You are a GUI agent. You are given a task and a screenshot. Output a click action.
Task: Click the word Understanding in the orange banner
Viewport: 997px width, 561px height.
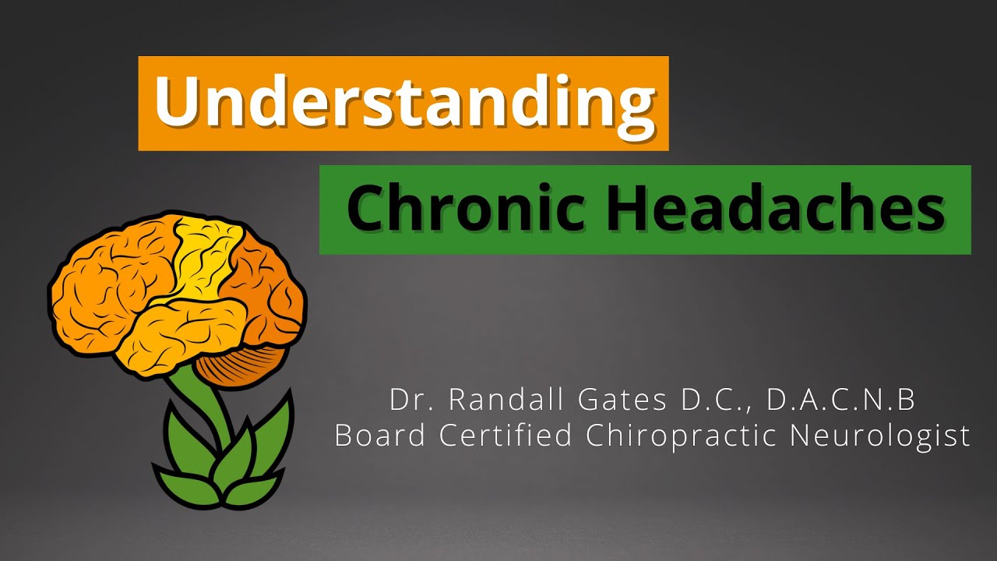403,103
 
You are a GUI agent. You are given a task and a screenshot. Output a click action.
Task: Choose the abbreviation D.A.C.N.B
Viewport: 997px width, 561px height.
841,400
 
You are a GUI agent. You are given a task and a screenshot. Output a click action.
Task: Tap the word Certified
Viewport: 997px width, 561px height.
506,436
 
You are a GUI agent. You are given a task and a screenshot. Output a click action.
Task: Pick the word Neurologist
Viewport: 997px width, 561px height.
880,436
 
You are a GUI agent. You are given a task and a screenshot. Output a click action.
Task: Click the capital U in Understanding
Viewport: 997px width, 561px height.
177,103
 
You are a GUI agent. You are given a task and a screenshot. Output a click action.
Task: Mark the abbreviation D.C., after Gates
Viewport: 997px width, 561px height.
727,400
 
